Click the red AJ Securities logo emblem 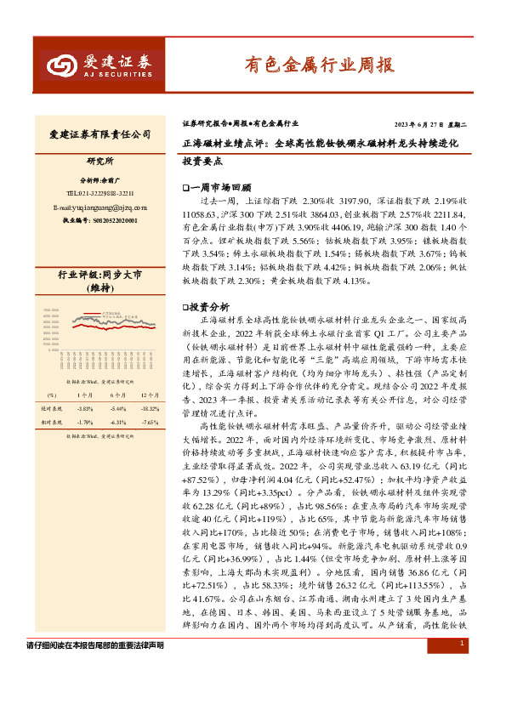click(60, 63)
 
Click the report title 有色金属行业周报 click(319, 63)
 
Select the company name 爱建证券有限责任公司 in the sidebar click(100, 134)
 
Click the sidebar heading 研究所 click(100, 161)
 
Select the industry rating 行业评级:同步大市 click(100, 276)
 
